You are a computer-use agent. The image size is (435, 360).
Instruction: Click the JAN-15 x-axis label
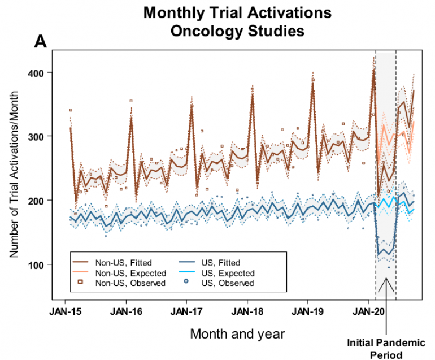pyautogui.click(x=65, y=310)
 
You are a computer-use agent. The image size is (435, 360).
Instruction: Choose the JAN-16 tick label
pyautogui.click(x=125, y=310)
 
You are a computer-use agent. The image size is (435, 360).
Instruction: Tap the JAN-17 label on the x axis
pyautogui.click(x=186, y=310)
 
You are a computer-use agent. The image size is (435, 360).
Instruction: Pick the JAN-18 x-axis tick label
pyautogui.click(x=247, y=310)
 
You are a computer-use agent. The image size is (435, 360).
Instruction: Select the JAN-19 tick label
pyautogui.click(x=307, y=310)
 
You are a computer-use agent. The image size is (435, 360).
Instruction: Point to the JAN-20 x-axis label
pyautogui.click(x=368, y=310)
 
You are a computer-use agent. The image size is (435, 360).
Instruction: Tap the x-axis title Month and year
pyautogui.click(x=237, y=333)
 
